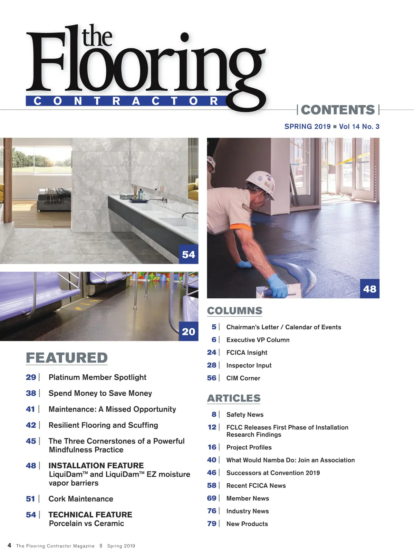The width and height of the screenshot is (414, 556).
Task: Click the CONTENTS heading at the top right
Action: tap(338, 110)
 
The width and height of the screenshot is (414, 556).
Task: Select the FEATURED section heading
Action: tap(67, 358)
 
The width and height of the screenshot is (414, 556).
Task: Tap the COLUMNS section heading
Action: tap(234, 311)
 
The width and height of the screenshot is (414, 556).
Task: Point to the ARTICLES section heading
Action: tap(234, 398)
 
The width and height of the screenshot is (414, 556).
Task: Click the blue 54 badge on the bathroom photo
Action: tap(189, 255)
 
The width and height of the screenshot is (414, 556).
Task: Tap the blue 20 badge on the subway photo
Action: tap(189, 331)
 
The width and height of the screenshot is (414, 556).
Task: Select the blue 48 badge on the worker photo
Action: tap(369, 289)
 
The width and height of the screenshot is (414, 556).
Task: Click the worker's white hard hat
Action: tap(260, 183)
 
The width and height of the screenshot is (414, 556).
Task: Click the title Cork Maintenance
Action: tap(81, 499)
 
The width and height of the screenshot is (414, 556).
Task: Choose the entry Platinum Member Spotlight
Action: tap(97, 377)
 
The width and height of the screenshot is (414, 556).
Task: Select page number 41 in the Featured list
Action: tap(30, 409)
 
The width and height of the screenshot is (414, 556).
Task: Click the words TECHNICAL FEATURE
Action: tap(90, 515)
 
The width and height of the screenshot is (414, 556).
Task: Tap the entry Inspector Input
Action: tap(249, 365)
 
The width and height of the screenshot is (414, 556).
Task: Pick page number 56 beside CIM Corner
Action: tap(212, 378)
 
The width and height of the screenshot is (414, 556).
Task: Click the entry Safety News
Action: tap(245, 415)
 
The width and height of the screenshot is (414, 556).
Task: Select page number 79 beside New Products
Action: tap(212, 524)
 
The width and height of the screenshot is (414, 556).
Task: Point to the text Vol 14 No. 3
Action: tap(359, 127)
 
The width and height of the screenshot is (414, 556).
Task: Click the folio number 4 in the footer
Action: tap(9, 545)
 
